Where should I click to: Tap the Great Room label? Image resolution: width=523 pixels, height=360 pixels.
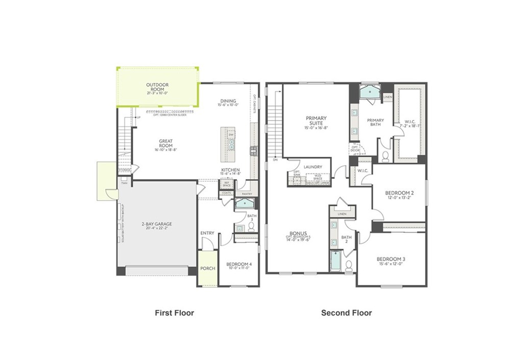click(x=165, y=143)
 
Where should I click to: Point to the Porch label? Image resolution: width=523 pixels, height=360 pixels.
click(x=207, y=269)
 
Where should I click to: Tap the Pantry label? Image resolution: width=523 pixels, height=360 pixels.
click(x=246, y=194)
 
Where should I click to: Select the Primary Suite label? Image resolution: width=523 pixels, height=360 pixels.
click(x=316, y=121)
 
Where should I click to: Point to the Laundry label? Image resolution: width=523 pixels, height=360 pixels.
click(x=312, y=167)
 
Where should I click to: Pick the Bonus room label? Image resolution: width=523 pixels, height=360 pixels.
click(x=298, y=236)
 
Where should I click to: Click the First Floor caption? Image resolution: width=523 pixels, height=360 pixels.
click(x=174, y=313)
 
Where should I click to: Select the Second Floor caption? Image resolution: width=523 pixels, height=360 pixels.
click(x=346, y=313)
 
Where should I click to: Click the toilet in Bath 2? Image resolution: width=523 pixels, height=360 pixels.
click(x=349, y=266)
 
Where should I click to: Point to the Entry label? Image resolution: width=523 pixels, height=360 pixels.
click(x=207, y=233)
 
